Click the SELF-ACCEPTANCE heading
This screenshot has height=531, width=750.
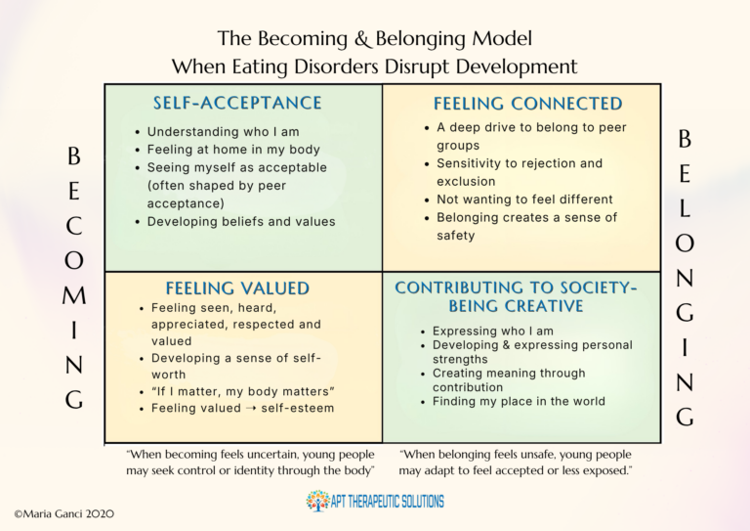tap(237, 103)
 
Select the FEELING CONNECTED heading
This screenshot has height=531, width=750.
tap(527, 103)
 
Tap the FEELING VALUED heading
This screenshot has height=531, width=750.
tap(237, 288)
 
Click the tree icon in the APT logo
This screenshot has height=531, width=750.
tap(317, 502)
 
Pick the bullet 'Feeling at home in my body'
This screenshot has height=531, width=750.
tap(228, 150)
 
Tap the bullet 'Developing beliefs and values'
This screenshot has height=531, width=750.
tap(240, 221)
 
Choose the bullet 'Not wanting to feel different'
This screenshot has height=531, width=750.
tap(524, 199)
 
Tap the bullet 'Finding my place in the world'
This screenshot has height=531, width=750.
tap(519, 401)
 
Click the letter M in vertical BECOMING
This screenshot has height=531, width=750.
tap(74, 294)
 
